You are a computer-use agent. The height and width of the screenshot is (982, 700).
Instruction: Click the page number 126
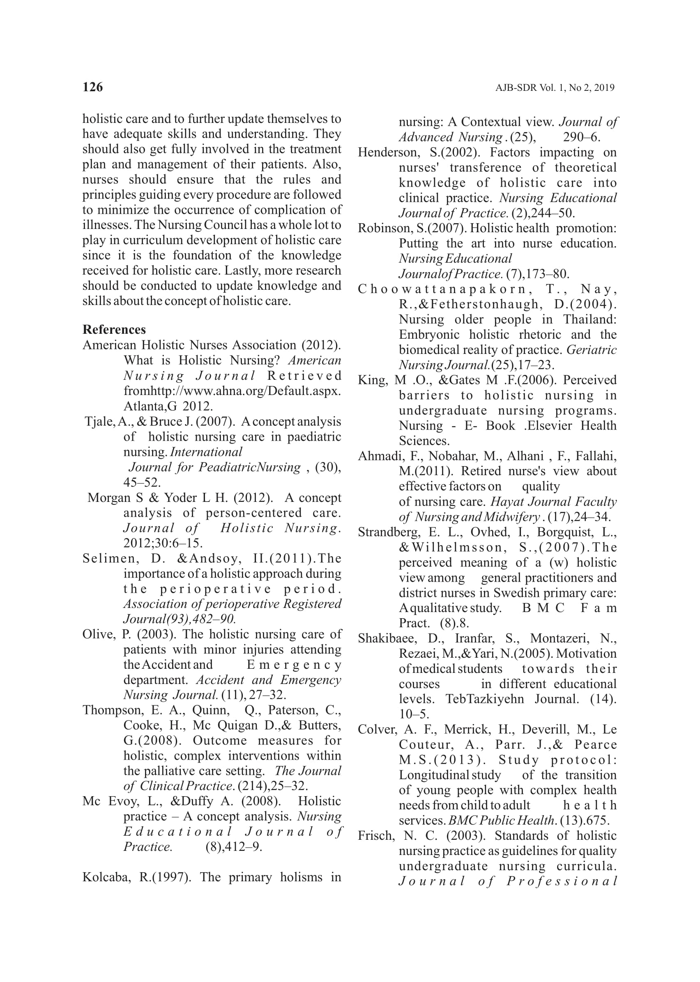93,87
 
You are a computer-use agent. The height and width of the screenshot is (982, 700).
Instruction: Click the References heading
114,330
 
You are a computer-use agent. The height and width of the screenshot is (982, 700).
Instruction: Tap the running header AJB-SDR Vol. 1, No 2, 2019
555,88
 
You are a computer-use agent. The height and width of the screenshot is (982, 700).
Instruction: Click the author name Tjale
99,421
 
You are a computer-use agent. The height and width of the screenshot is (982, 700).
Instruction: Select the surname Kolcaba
106,878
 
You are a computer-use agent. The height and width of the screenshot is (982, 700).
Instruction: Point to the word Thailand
589,319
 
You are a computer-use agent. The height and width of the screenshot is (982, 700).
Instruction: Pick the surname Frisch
376,836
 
